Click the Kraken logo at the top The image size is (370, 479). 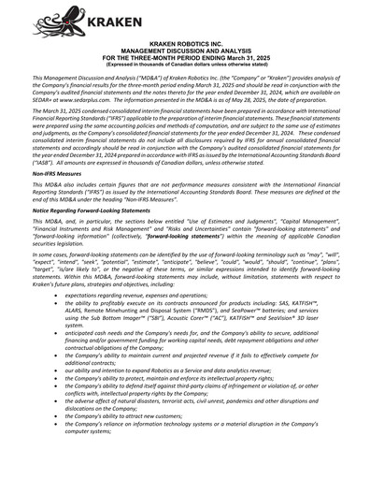coord(56,21)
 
